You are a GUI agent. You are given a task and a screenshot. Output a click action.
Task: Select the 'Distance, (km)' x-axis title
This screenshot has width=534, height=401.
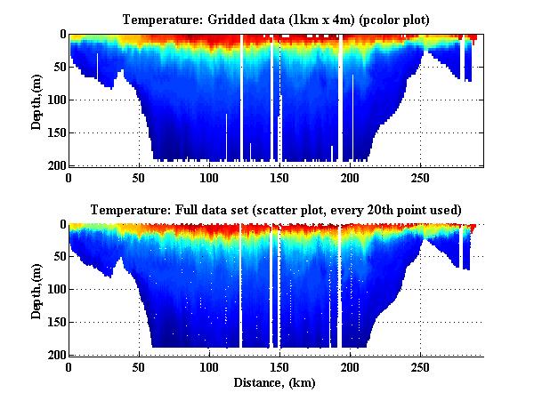[275, 383]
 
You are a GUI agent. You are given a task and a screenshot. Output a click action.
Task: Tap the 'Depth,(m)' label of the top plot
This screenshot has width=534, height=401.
[36, 101]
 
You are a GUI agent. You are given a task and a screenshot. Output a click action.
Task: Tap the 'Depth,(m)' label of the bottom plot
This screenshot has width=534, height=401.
[36, 291]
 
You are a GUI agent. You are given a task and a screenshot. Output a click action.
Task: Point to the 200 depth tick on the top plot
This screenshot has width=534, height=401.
[56, 165]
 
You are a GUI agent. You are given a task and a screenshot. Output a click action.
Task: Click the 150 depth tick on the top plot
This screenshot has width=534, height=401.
[56, 132]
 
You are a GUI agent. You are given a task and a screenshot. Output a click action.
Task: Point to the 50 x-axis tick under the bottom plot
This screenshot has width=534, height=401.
[139, 367]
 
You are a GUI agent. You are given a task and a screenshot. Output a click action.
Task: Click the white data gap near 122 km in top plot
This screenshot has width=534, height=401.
[240, 98]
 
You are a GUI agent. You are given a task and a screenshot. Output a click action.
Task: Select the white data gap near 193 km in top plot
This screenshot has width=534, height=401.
[340, 98]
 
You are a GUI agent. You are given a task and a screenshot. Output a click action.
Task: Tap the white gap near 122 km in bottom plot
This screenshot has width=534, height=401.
[240, 285]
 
